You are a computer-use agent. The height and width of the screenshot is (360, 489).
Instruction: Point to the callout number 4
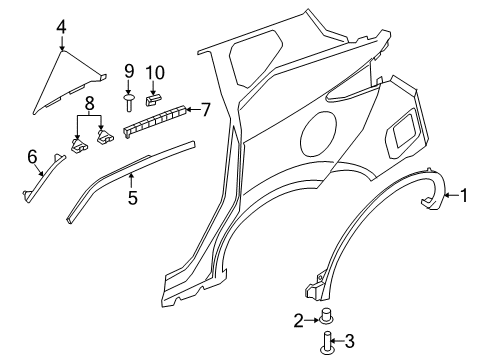(61, 27)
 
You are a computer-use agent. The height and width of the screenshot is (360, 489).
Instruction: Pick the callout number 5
(131, 198)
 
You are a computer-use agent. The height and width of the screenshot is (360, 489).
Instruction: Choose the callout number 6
(31, 155)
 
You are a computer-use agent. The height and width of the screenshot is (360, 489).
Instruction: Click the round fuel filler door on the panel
(325, 131)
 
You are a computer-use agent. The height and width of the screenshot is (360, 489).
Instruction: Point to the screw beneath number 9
(130, 101)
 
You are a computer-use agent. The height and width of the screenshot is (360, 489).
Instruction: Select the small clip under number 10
(153, 97)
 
